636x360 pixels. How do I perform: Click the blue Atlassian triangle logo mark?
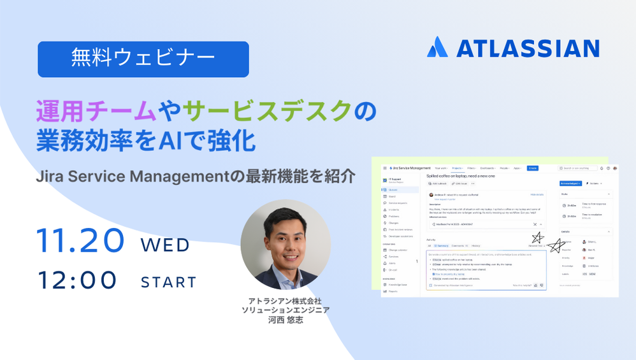(x=437, y=47)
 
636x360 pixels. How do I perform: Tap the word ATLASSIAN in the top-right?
(x=527, y=48)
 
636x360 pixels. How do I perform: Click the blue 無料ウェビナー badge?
(x=143, y=59)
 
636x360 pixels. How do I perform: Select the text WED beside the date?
(x=165, y=245)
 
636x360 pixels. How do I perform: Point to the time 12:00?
(x=77, y=280)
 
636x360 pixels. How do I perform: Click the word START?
(x=168, y=282)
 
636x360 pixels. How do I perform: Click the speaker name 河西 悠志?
(x=285, y=320)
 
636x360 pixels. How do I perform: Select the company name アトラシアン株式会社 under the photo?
(x=285, y=300)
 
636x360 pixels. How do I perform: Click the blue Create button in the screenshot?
(x=533, y=168)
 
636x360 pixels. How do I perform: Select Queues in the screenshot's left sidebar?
(x=393, y=190)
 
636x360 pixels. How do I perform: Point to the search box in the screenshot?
(x=577, y=168)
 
